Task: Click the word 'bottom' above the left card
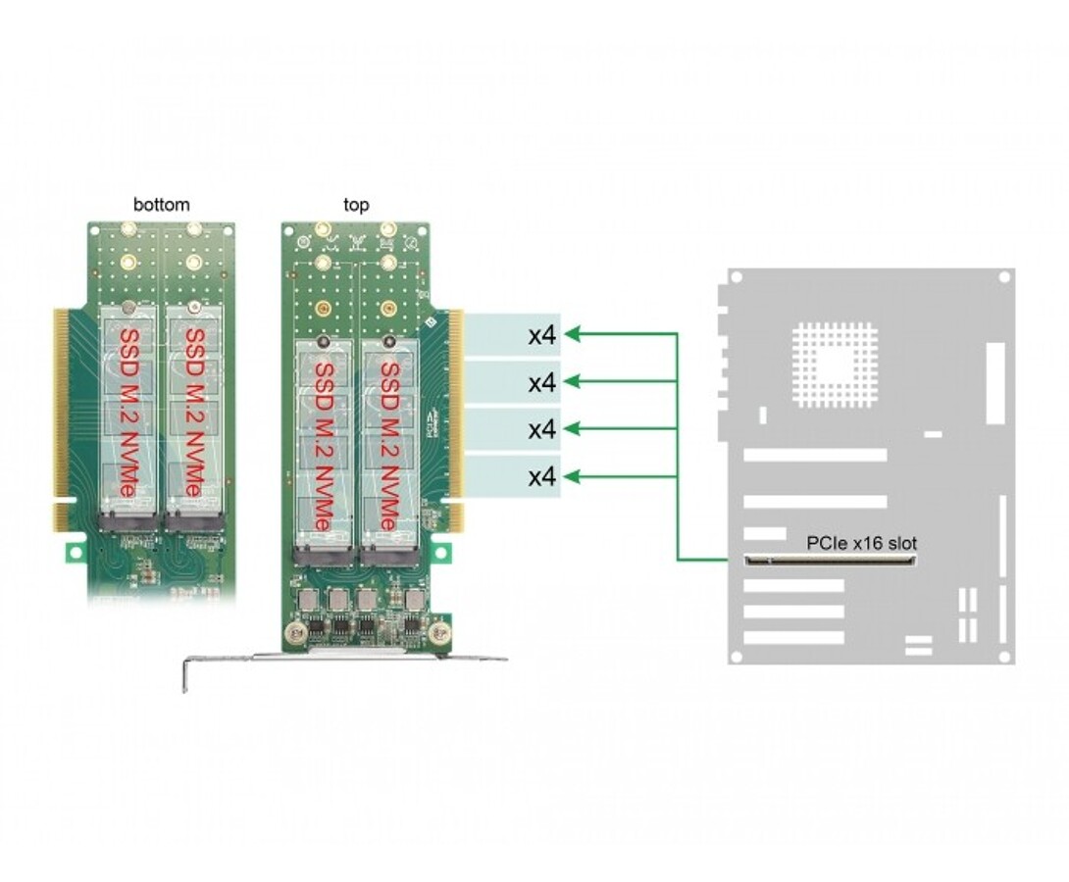(x=162, y=205)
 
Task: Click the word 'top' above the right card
(x=356, y=205)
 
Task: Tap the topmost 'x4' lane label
(x=542, y=335)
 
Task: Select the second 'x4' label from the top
(x=542, y=382)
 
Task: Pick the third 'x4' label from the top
(x=542, y=429)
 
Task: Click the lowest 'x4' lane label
(x=542, y=477)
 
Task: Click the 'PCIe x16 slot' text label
(x=862, y=542)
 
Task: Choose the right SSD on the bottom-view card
(x=192, y=416)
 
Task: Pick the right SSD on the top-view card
(x=388, y=446)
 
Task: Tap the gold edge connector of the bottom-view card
(x=62, y=416)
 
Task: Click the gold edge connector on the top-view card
(x=456, y=416)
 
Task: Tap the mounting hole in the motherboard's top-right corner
(x=1003, y=278)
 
